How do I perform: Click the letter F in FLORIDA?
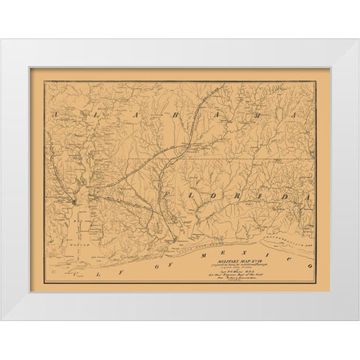pyautogui.click(x=166, y=194)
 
